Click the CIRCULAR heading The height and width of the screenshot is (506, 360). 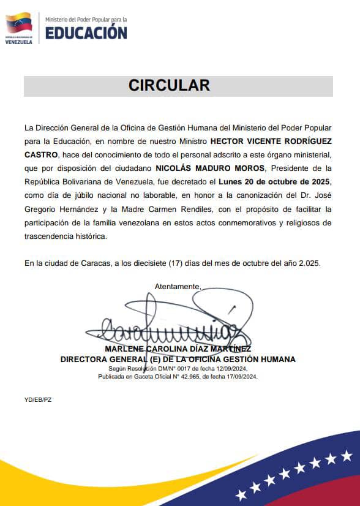(169, 85)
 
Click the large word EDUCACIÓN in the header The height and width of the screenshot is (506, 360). (86, 32)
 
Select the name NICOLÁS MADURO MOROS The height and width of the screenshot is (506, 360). (210, 168)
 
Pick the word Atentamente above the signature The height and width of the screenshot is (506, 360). (178, 286)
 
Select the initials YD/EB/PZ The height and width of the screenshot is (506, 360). (38, 399)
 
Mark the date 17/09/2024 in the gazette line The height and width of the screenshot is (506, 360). (242, 377)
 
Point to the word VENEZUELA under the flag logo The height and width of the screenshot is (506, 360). (18, 42)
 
